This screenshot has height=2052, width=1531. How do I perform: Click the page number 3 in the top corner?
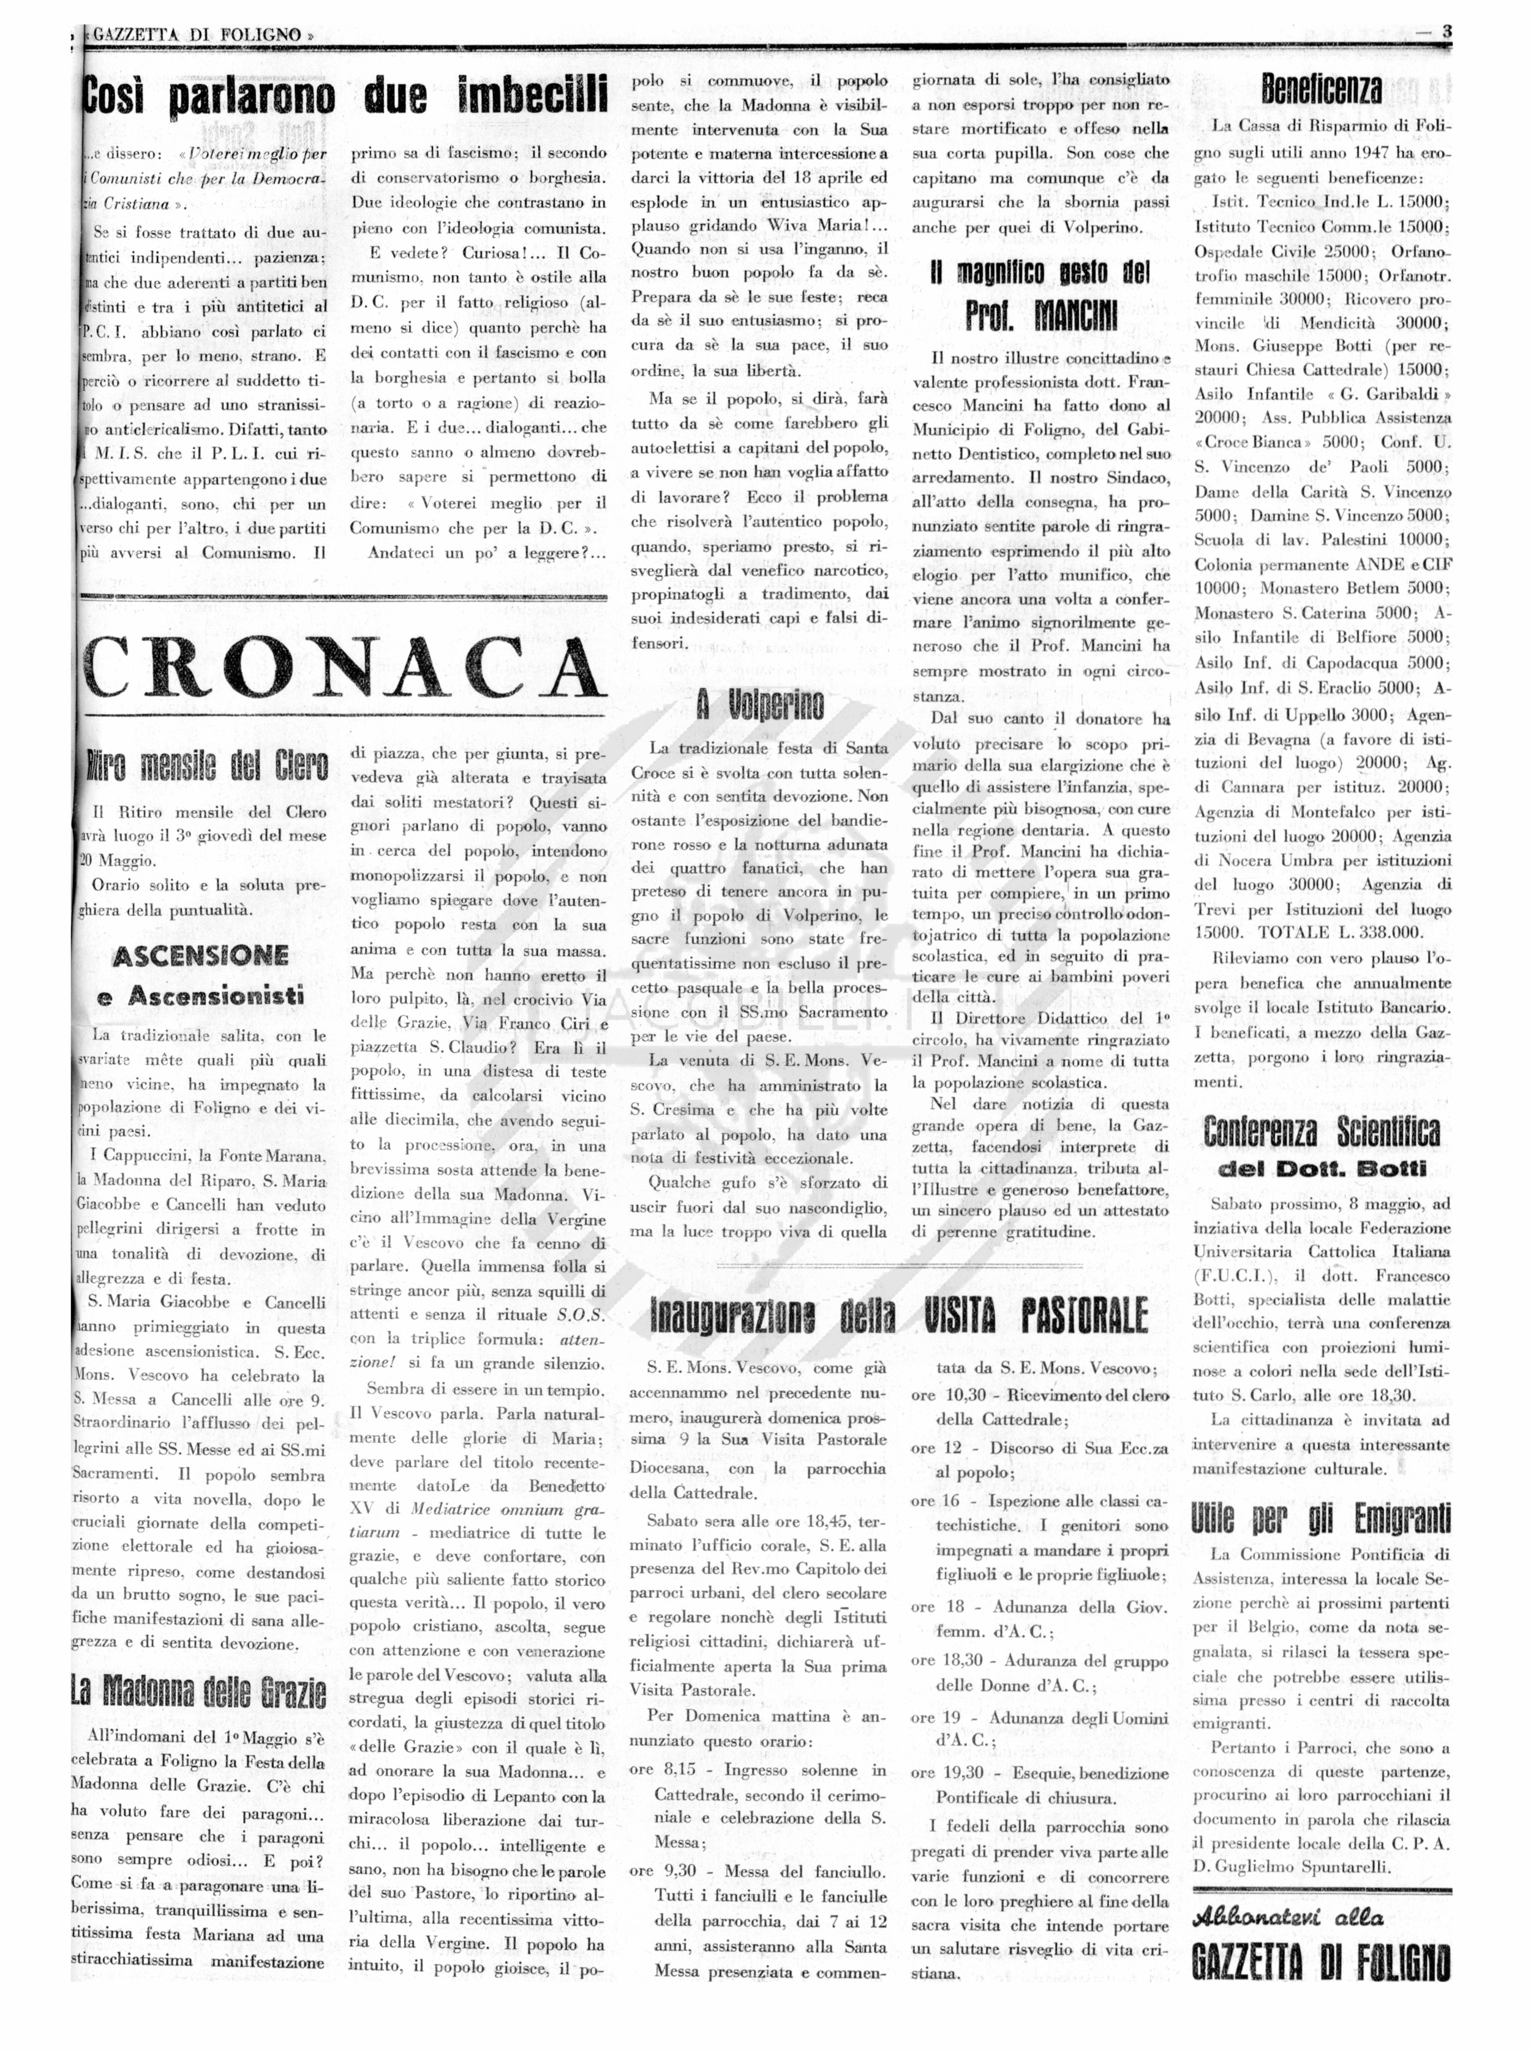click(1446, 31)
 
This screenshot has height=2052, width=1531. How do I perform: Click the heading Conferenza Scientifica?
click(1322, 1131)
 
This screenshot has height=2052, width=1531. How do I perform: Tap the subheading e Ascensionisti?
click(200, 997)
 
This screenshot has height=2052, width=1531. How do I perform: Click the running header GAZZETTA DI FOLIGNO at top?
click(199, 34)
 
